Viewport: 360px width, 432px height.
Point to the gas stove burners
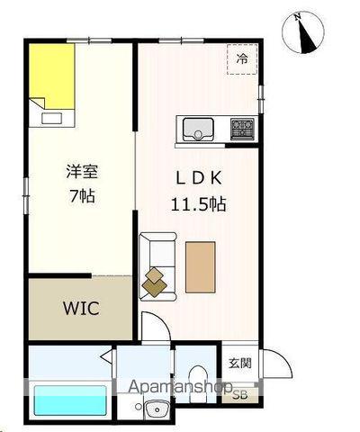242,129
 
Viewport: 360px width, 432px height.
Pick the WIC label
80,308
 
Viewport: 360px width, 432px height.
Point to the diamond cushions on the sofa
156,283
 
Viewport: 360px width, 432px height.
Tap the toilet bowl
199,379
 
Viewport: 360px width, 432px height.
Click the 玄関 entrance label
239,364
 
